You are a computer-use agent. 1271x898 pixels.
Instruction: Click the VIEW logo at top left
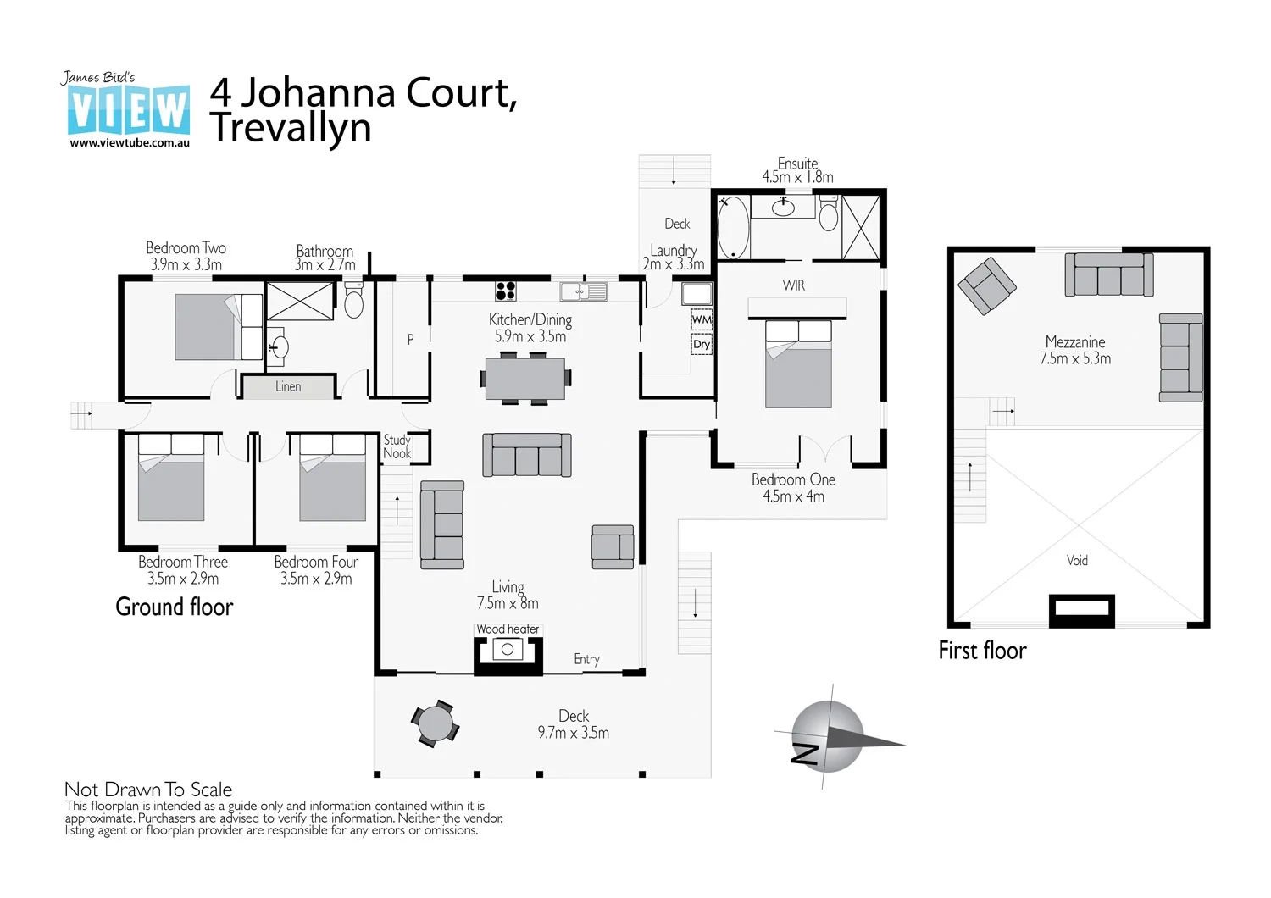pyautogui.click(x=129, y=110)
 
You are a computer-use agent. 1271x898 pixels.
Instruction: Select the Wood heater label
pyautogui.click(x=508, y=629)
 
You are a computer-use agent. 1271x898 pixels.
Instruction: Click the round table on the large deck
pyautogui.click(x=436, y=724)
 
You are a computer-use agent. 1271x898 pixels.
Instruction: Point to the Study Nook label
pyautogui.click(x=397, y=446)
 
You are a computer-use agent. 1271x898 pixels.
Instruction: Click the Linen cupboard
pyautogui.click(x=288, y=386)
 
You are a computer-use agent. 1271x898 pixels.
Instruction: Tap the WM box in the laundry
pyautogui.click(x=702, y=319)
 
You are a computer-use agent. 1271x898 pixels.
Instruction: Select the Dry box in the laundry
pyautogui.click(x=702, y=344)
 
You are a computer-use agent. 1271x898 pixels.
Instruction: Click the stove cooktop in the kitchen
pyautogui.click(x=506, y=291)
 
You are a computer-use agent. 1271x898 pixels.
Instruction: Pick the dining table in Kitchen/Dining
pyautogui.click(x=525, y=379)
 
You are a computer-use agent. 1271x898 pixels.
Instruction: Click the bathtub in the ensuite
pyautogui.click(x=733, y=227)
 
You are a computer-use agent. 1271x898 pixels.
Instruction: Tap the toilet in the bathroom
pyautogui.click(x=354, y=300)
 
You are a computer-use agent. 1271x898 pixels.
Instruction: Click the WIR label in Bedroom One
pyautogui.click(x=794, y=285)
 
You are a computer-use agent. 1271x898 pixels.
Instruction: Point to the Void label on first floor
pyautogui.click(x=1077, y=560)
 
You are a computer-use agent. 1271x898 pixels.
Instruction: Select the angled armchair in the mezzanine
pyautogui.click(x=986, y=285)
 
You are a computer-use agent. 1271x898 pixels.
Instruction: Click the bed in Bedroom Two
pyautogui.click(x=218, y=327)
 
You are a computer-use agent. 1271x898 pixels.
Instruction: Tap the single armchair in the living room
pyautogui.click(x=613, y=546)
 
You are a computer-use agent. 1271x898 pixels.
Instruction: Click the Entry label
pyautogui.click(x=586, y=659)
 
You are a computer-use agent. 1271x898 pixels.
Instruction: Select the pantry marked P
pyautogui.click(x=410, y=339)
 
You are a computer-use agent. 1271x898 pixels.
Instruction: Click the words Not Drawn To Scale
pyautogui.click(x=148, y=790)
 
